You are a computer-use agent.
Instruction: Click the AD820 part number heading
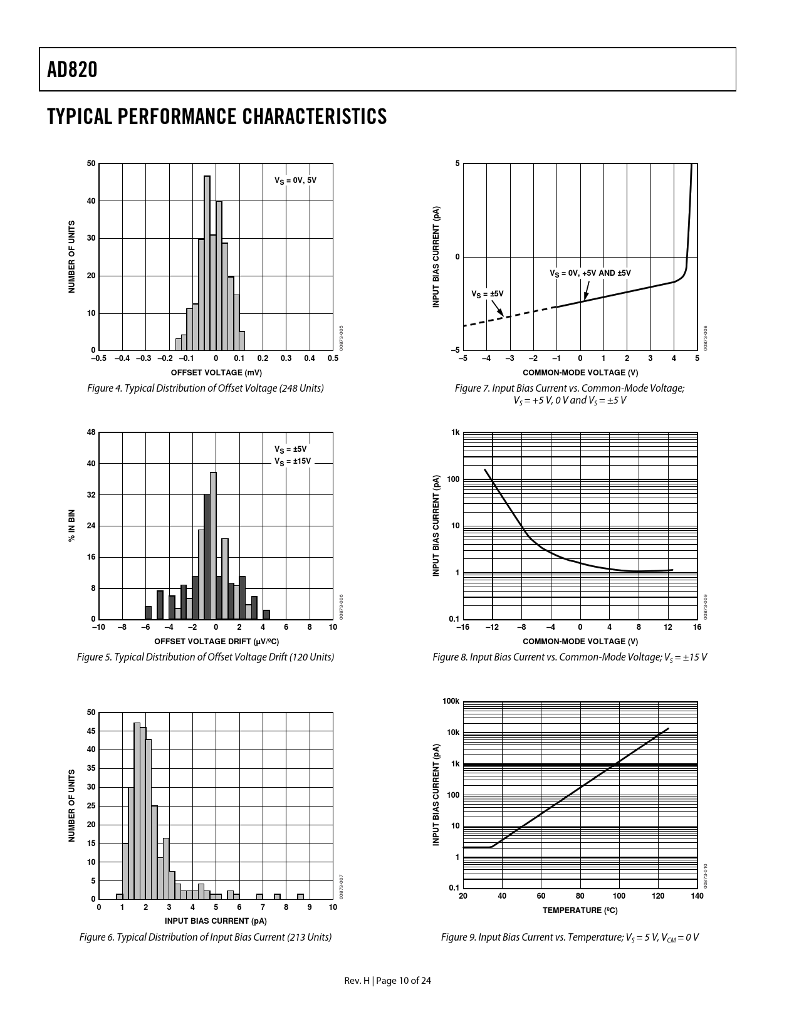click(x=72, y=70)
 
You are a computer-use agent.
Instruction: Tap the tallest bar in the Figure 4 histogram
click(x=207, y=263)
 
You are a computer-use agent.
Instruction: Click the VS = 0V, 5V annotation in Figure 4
click(x=295, y=180)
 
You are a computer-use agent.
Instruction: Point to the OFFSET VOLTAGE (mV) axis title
click(x=216, y=372)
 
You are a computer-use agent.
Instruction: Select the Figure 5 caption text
click(x=206, y=657)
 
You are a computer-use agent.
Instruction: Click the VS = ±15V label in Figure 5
click(x=292, y=461)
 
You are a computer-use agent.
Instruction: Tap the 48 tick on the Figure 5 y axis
click(x=91, y=432)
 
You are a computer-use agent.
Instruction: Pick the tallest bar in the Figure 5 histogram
click(x=213, y=545)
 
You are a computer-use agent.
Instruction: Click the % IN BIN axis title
click(x=71, y=526)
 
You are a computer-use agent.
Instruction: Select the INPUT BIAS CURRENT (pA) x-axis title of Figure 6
click(x=216, y=921)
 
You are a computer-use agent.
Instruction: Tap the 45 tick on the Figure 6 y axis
click(x=91, y=731)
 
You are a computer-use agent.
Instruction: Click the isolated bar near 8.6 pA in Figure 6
click(x=300, y=897)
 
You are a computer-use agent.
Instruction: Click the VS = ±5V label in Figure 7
click(x=487, y=293)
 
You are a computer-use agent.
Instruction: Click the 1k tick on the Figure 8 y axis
click(x=456, y=432)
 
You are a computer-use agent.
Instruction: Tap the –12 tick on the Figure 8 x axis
click(x=492, y=627)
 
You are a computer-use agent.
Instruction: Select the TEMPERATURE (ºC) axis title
click(x=580, y=910)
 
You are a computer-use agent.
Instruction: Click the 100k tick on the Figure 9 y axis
click(x=451, y=701)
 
